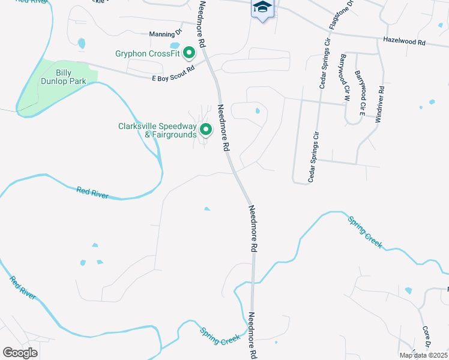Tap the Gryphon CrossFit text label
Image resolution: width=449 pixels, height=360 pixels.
pos(148,53)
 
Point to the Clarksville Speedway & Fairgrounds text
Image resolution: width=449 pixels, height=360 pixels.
pos(157,130)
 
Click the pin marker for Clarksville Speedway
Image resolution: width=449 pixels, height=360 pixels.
pos(206,129)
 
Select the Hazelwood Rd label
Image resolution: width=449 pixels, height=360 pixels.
pos(404,42)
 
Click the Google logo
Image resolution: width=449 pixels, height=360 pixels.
pos(20,353)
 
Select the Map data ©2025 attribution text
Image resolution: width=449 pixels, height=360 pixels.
pos(423,355)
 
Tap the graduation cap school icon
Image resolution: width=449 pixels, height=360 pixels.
pos(262,8)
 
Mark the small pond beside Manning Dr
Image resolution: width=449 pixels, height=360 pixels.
pos(175,45)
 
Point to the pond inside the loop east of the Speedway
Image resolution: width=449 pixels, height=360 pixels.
pos(258,110)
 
